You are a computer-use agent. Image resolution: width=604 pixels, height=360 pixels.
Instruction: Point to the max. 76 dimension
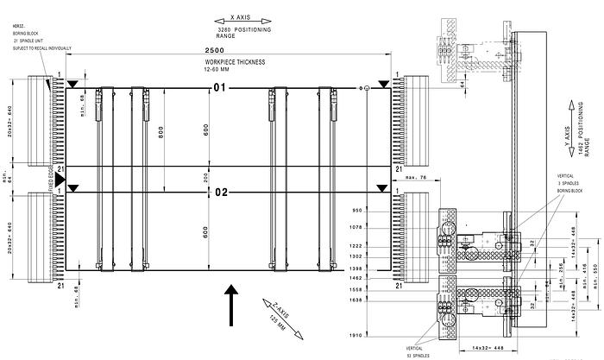(x=392, y=178)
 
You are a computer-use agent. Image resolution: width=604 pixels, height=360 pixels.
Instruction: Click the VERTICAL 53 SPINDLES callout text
(x=418, y=350)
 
